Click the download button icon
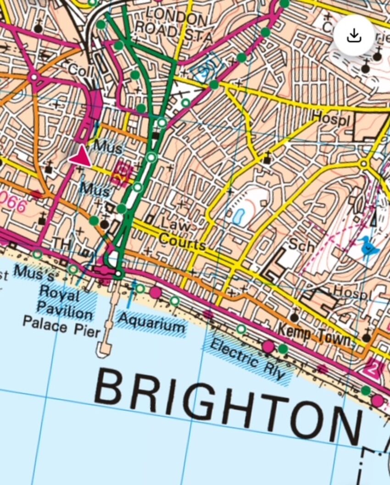click(x=354, y=36)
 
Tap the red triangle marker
click(x=80, y=155)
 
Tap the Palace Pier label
click(x=61, y=326)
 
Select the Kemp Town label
click(x=316, y=335)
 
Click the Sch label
click(x=301, y=245)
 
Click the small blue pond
click(x=239, y=216)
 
